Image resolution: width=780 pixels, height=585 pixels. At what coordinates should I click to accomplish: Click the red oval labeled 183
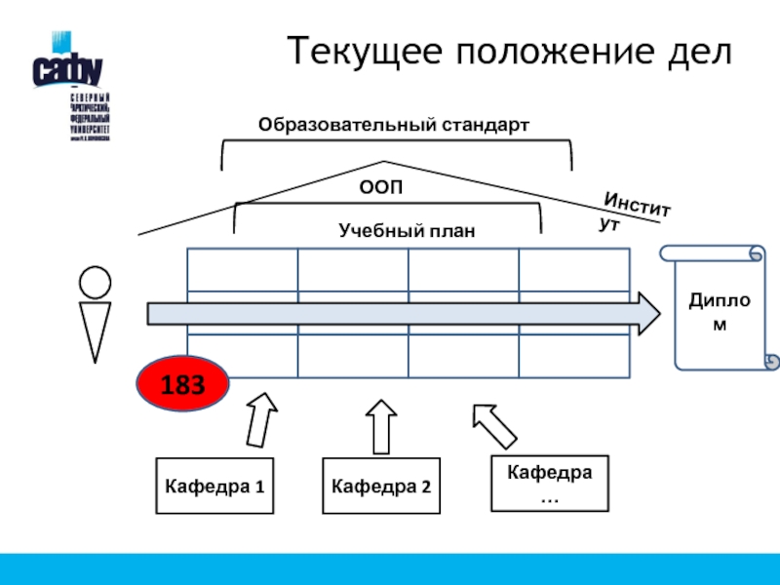182,383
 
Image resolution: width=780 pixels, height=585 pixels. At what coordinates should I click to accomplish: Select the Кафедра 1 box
214,485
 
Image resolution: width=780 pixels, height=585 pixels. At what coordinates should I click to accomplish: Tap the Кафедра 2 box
381,485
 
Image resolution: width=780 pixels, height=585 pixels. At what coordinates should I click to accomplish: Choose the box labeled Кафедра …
549,484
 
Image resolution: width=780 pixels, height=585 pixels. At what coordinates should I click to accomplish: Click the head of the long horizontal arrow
643,312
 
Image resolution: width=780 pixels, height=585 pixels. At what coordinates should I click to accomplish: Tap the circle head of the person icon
95,282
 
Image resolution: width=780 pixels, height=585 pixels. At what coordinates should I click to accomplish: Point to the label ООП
381,186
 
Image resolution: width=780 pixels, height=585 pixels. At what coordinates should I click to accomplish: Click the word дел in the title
701,50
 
